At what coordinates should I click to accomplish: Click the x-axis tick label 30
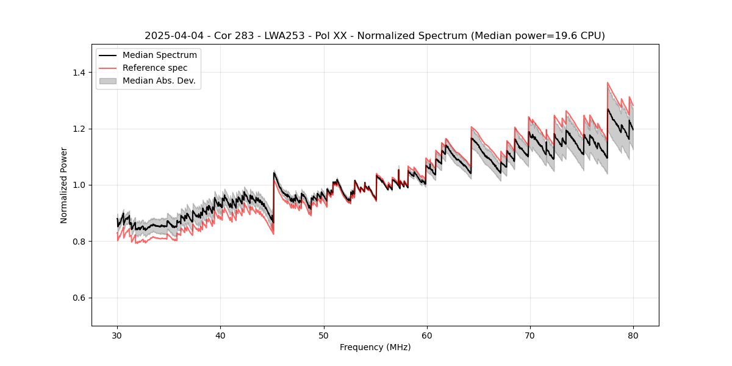[117, 335]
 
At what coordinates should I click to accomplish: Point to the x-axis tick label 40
[220, 335]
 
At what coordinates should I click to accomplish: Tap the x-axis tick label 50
[323, 335]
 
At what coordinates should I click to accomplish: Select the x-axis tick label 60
[427, 335]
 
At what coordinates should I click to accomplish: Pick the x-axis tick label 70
[530, 335]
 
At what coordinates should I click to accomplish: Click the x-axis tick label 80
[633, 335]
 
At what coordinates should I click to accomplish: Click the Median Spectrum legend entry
[159, 56]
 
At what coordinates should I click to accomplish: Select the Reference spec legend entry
[155, 68]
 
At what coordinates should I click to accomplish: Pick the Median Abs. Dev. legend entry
[159, 81]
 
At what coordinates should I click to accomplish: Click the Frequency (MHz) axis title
[375, 347]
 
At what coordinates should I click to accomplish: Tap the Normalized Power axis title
[64, 185]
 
